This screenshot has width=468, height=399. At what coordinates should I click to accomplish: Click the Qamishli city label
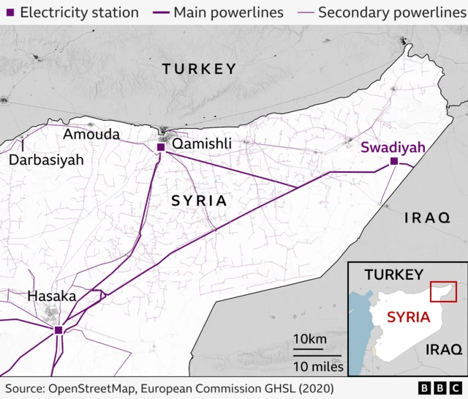click(201, 145)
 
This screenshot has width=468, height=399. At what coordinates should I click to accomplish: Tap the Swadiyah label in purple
click(393, 147)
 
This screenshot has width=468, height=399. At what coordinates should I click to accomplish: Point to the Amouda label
click(91, 134)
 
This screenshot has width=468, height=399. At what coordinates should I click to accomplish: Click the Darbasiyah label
click(46, 159)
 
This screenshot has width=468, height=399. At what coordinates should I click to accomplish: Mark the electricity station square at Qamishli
click(161, 147)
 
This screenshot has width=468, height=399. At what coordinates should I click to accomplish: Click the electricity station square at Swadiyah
click(394, 161)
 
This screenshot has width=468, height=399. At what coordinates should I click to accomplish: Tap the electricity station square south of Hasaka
click(58, 331)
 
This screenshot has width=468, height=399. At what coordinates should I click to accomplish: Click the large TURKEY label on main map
click(199, 69)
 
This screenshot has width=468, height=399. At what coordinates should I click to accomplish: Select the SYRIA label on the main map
click(198, 200)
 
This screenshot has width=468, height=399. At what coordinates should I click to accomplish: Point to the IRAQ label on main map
click(427, 217)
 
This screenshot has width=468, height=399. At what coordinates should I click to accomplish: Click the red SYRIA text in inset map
click(409, 317)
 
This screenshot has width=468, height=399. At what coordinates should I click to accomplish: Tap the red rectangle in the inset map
click(443, 291)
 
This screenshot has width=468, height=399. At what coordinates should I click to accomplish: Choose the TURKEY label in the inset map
click(394, 275)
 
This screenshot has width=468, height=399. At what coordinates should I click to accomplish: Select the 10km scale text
click(309, 339)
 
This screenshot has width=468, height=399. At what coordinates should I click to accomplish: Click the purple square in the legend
click(8, 12)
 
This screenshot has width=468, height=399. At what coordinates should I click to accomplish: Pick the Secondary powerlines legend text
click(391, 12)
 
